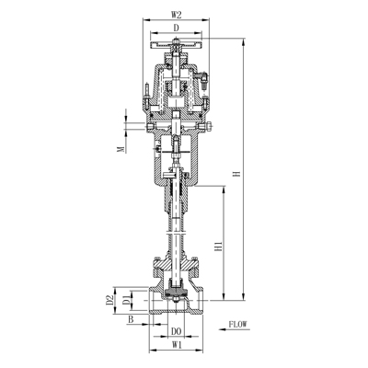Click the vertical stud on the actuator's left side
(143, 93)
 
